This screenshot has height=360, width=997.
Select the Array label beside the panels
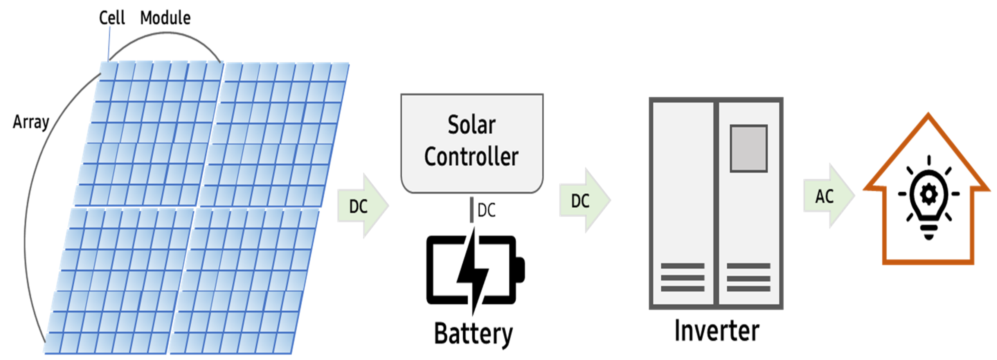click(31, 122)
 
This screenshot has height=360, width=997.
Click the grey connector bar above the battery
click(471, 209)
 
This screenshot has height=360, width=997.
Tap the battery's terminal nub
click(520, 269)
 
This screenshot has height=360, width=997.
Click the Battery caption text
click(473, 334)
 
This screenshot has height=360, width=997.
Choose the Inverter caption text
click(717, 331)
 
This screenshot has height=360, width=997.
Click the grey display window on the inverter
click(749, 148)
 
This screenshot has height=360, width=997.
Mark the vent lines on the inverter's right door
click(749, 277)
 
